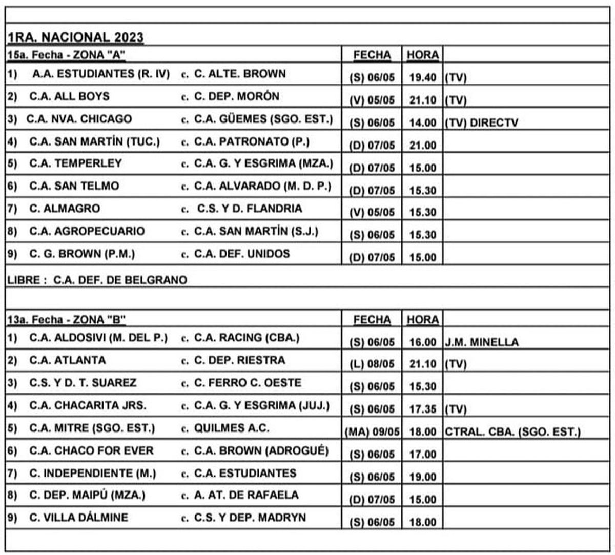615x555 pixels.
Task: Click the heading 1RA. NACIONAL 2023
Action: [75, 37]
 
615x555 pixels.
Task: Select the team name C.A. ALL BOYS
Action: [69, 96]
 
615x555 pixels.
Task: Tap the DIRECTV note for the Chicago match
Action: [494, 123]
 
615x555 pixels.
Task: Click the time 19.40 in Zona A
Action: [423, 78]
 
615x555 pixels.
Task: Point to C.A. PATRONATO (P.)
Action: [252, 141]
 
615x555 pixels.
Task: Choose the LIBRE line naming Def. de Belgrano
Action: [97, 280]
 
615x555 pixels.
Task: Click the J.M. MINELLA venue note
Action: [482, 342]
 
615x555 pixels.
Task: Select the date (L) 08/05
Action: [372, 364]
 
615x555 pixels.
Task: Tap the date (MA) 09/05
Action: [372, 432]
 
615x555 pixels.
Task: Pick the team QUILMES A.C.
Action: [231, 428]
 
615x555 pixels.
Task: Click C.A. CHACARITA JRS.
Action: [88, 405]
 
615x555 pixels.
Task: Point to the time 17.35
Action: [423, 409]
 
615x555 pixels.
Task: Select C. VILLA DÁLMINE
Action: [78, 518]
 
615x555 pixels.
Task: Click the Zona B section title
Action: [67, 320]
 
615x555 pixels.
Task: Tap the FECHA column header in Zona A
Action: [372, 55]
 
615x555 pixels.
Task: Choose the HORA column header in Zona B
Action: [423, 320]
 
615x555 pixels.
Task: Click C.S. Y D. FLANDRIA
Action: [250, 209]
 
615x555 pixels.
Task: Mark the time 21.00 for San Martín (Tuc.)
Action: [423, 146]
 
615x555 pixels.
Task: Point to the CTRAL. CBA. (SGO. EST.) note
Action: [512, 432]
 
